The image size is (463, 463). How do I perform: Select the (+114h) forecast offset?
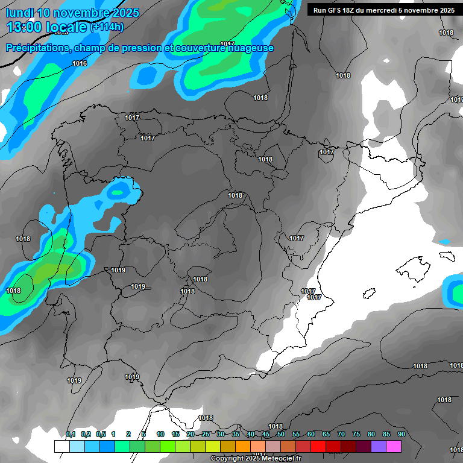click(x=107, y=27)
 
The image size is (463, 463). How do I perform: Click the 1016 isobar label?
click(x=80, y=63)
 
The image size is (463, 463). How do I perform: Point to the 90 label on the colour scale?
click(x=402, y=434)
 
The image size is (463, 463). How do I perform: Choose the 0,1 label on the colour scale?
click(x=71, y=434)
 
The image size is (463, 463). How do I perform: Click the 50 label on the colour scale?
click(x=281, y=434)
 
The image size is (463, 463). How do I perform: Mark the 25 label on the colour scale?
click(x=206, y=434)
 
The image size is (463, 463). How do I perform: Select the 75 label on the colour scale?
click(x=356, y=434)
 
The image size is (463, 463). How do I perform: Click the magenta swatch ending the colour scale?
click(x=394, y=446)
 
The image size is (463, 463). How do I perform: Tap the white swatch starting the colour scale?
click(x=61, y=446)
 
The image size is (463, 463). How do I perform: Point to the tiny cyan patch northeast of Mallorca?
click(x=444, y=242)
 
